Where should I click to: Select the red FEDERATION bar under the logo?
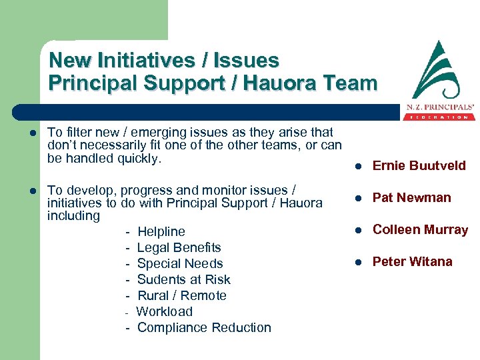pyautogui.click(x=438, y=117)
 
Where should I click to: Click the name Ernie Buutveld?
pyautogui.click(x=419, y=165)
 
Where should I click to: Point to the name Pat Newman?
pyautogui.click(x=411, y=197)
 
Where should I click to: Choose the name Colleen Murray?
pyautogui.click(x=420, y=229)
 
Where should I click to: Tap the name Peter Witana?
pyautogui.click(x=412, y=261)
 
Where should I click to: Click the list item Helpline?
pyautogui.click(x=161, y=231)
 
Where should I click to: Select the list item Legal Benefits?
pyautogui.click(x=179, y=247)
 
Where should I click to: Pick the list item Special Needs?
pyautogui.click(x=180, y=263)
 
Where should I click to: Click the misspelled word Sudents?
pyautogui.click(x=160, y=279)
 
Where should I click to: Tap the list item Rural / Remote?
pyautogui.click(x=181, y=295)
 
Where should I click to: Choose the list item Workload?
pyautogui.click(x=164, y=311)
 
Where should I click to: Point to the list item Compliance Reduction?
pyautogui.click(x=204, y=327)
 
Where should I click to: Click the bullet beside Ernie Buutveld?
pyautogui.click(x=358, y=166)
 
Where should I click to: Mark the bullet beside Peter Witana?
pyautogui.click(x=358, y=262)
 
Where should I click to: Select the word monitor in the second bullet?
pyautogui.click(x=226, y=189)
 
